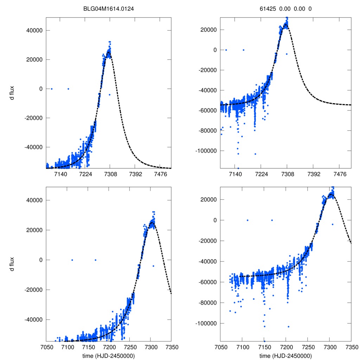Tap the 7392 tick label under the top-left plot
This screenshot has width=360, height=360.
click(136, 174)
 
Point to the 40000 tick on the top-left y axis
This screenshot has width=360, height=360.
click(35, 30)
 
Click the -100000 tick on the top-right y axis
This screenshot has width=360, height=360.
click(205, 151)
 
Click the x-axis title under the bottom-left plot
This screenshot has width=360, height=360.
click(109, 355)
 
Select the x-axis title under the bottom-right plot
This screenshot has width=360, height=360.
click(285, 355)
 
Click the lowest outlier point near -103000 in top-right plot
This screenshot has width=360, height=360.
click(255, 154)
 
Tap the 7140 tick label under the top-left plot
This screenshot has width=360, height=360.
click(60, 174)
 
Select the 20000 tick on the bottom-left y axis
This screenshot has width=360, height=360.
click(35, 230)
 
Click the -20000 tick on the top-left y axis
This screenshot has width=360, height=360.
click(34, 118)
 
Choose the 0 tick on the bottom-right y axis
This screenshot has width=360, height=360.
click(215, 220)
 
